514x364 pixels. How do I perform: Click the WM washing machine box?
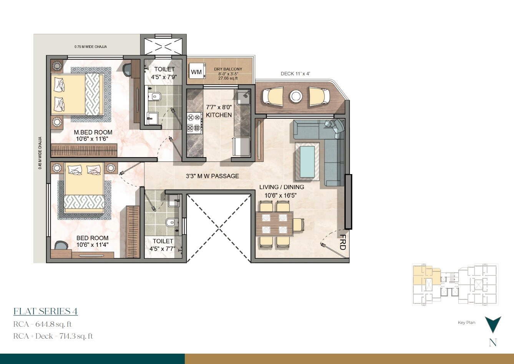coord(196,72)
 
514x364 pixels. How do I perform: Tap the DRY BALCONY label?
coord(228,69)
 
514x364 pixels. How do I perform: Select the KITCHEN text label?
coord(219,115)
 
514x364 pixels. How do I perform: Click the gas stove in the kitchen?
coord(194,123)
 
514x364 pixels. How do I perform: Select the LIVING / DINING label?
coord(282,187)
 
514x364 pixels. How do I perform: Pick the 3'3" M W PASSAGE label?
coord(212,176)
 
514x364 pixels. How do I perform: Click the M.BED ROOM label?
coord(93,133)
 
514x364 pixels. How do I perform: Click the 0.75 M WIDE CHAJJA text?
coord(91,47)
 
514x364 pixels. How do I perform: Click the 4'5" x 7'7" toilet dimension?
coord(163,249)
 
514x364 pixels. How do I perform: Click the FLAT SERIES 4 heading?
coord(46,311)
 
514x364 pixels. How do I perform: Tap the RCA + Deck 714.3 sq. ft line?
coord(53,336)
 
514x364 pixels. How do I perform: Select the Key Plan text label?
coord(466,322)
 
